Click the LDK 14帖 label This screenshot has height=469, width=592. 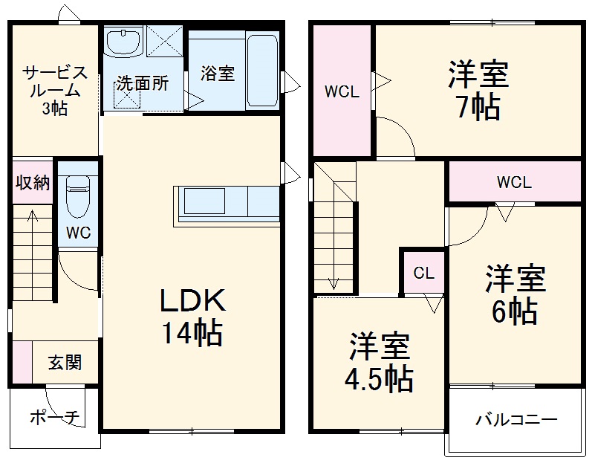192,317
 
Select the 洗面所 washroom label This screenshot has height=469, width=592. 141,83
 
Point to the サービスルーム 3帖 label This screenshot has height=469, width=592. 55,90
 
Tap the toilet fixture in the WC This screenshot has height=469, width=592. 78,195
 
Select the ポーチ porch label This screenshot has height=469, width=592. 54,418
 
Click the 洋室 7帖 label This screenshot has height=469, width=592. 478,91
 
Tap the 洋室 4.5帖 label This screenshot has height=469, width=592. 379,363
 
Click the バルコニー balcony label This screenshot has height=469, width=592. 516,420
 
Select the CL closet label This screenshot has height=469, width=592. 423,273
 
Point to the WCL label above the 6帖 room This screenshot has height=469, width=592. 514,182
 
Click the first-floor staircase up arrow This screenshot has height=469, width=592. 33,245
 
